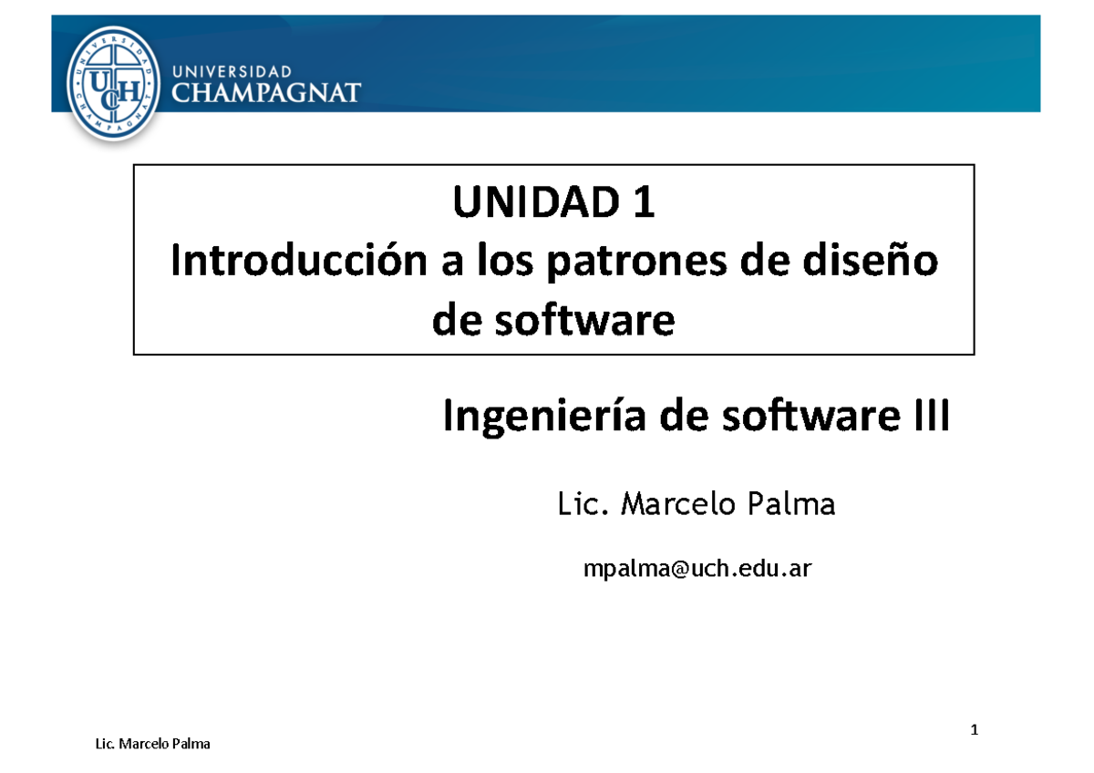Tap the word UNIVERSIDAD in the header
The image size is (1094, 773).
click(x=232, y=70)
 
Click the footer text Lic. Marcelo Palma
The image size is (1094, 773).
click(x=152, y=744)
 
